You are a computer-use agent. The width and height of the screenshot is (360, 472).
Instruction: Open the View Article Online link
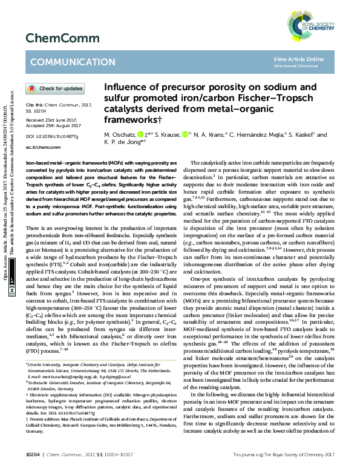pos(298,59)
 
